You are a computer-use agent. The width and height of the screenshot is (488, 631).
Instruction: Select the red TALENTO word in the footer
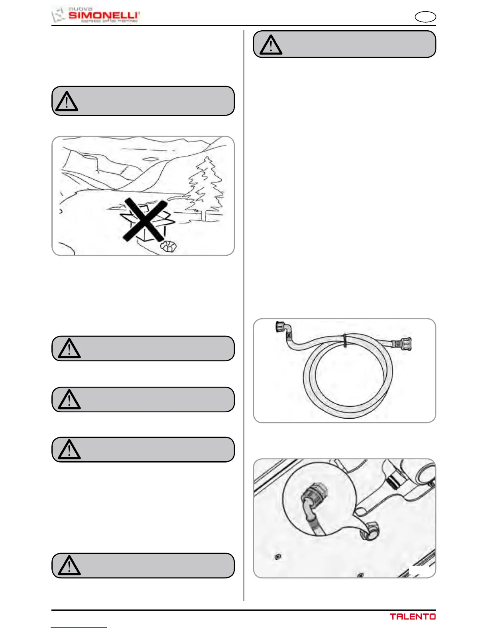pyautogui.click(x=413, y=617)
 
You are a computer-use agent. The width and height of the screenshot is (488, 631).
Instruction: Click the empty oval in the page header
pyautogui.click(x=425, y=17)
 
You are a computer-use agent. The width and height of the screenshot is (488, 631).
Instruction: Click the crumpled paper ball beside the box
pyautogui.click(x=169, y=247)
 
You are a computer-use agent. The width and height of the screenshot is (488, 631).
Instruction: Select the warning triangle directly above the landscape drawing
pyautogui.click(x=67, y=102)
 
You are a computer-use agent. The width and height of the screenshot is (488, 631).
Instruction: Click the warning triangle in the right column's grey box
pyautogui.click(x=271, y=45)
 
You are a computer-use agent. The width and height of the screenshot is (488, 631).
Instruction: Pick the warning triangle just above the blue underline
pyautogui.click(x=69, y=566)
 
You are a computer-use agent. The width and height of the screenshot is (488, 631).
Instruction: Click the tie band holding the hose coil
pyautogui.click(x=344, y=340)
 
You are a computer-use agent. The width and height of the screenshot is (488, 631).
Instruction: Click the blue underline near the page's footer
pyautogui.click(x=79, y=627)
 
